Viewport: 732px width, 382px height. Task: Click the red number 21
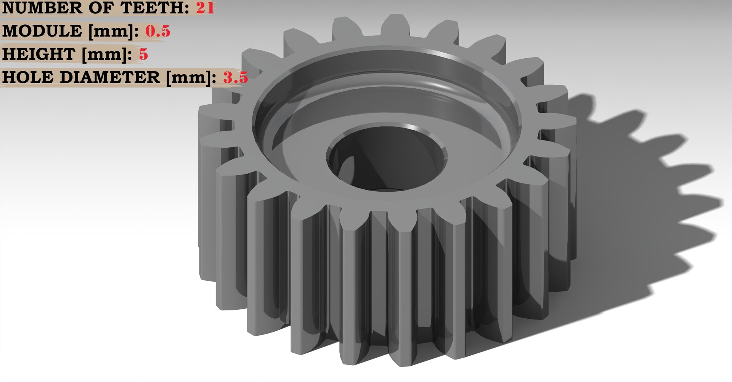pos(205,8)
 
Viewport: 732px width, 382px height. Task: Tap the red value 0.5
pos(158,31)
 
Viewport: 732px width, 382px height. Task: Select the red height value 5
pos(143,54)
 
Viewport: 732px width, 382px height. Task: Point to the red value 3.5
pos(235,78)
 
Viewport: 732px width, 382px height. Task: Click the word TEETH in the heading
pos(154,8)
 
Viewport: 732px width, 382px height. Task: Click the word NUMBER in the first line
pos(42,8)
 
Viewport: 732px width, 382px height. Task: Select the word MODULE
pos(42,31)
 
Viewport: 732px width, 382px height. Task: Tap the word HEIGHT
pos(39,54)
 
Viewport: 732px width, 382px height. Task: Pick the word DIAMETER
pos(110,78)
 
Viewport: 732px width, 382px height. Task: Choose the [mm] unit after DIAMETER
pos(191,78)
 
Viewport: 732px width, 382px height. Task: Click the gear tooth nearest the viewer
pos(400,289)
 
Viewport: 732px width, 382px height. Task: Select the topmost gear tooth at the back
pos(395,25)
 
